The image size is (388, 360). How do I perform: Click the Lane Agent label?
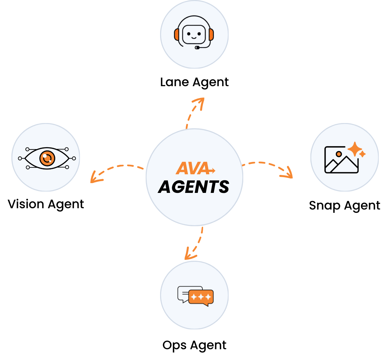click(x=194, y=82)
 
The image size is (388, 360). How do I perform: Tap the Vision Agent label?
click(x=46, y=204)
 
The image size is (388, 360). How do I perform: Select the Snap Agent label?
click(x=344, y=206)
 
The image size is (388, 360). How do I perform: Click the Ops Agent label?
click(x=194, y=345)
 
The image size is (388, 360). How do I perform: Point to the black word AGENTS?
click(x=194, y=187)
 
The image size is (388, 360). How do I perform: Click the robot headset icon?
click(x=194, y=32)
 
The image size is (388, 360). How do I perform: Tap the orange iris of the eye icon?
click(x=47, y=158)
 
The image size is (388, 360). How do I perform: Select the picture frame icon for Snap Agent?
click(x=341, y=160)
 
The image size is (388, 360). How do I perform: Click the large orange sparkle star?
click(x=355, y=149)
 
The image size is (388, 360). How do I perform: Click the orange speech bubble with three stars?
click(x=201, y=297)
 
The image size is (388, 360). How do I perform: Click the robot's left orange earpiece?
click(x=177, y=35)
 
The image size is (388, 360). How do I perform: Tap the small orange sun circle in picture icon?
click(x=339, y=154)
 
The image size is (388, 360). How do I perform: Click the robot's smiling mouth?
click(x=194, y=38)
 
